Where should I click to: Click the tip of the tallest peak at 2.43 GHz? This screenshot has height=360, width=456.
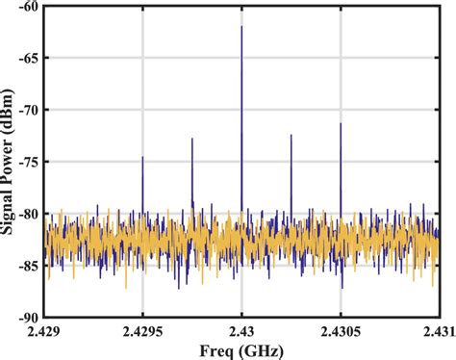pos(241,27)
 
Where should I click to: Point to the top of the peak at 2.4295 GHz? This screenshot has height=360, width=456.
pos(142,157)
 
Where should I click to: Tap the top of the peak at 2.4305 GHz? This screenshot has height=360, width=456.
pos(341,124)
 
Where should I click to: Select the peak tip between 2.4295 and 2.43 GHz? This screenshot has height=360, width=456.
pos(191,139)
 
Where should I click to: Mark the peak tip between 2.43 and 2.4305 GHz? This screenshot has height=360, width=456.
pos(291,135)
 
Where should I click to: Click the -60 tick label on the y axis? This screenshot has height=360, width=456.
pos(28,6)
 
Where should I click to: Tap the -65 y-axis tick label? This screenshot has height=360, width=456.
pos(28,58)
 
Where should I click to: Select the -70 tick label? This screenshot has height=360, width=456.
pos(28,110)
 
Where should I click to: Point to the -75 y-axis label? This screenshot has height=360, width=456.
pos(28,162)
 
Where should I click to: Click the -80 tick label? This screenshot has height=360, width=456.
pos(28,214)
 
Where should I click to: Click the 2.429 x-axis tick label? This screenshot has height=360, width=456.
pos(44,331)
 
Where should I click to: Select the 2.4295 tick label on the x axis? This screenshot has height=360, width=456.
pos(142,331)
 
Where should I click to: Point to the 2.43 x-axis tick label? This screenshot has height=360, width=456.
pos(241,331)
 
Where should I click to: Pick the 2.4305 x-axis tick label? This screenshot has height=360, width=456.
pos(341,331)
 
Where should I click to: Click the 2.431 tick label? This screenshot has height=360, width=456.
pos(439,331)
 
